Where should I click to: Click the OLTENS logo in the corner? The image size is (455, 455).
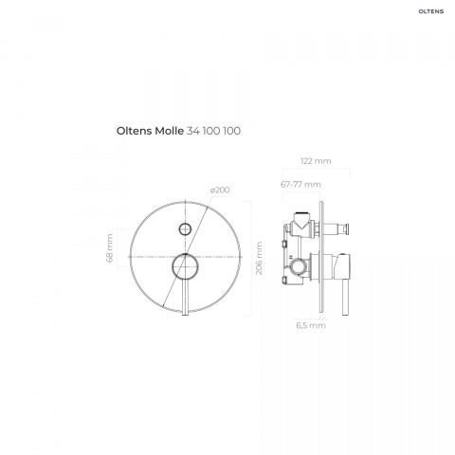click(x=431, y=11)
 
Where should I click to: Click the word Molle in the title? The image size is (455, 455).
click(x=169, y=131)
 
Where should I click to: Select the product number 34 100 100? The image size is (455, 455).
click(x=213, y=131)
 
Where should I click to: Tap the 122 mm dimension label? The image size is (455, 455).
click(x=316, y=161)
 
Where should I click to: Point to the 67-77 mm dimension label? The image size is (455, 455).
click(x=300, y=184)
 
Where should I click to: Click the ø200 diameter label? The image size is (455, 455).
click(x=220, y=190)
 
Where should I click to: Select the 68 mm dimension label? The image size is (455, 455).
click(x=110, y=247)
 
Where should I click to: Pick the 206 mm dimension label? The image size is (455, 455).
click(x=259, y=258)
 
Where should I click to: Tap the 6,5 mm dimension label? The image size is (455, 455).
click(x=311, y=325)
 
